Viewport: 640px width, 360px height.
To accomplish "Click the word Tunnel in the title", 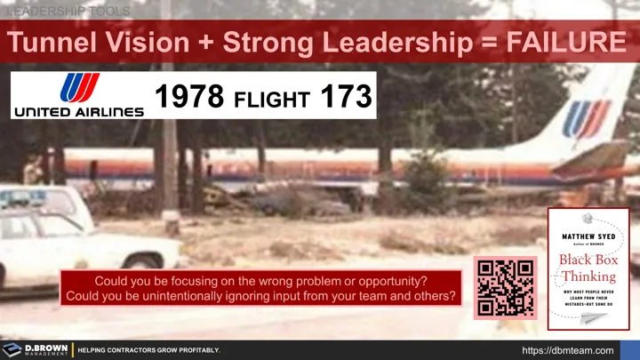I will point(59,41).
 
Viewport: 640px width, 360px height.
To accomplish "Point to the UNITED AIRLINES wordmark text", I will point(77,112).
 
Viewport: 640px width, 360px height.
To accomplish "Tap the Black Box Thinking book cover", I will point(588,268).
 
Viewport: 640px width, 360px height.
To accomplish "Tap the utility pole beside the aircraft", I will point(169,169).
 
